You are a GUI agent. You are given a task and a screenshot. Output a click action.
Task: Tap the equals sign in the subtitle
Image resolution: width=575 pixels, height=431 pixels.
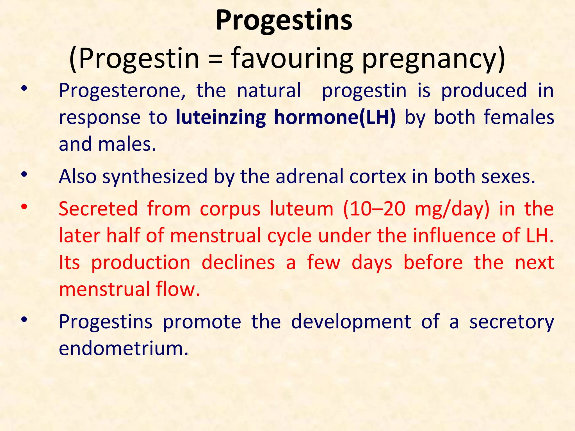pos(215,58)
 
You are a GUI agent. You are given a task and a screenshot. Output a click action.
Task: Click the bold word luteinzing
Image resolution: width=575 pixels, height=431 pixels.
pos(221,117)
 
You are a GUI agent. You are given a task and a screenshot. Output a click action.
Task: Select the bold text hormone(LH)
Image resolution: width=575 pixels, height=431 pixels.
pos(335,117)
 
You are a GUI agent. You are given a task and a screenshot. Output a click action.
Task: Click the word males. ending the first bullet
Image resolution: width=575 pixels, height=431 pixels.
pos(127,144)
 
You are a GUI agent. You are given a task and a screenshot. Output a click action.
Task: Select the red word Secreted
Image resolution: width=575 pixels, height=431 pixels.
pos(98,209)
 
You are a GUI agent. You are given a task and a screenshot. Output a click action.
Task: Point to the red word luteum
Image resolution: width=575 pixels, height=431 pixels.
pos(301,209)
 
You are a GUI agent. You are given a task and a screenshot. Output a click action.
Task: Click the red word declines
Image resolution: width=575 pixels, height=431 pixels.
pos(238,263)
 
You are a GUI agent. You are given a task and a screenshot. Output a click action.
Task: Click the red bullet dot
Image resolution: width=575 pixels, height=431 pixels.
pos(24,207)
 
